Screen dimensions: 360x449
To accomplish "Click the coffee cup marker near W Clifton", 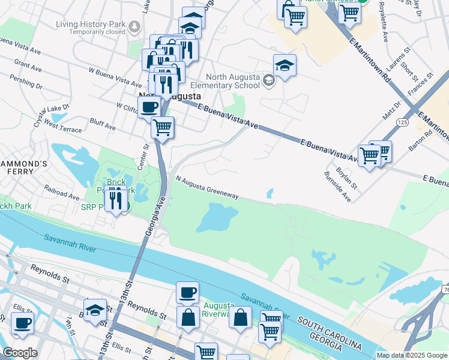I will pyautogui.click(x=149, y=108).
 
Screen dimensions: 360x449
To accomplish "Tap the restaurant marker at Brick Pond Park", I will pyautogui.click(x=114, y=199).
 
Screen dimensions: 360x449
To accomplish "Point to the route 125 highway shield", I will pyautogui.click(x=401, y=122).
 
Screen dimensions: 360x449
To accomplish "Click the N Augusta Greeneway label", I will pyautogui.click(x=208, y=187).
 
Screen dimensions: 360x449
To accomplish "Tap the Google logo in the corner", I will pyautogui.click(x=20, y=353).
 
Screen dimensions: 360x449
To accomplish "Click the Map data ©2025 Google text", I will pyautogui.click(x=412, y=355).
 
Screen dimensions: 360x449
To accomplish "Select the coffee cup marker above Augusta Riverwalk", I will pyautogui.click(x=187, y=293).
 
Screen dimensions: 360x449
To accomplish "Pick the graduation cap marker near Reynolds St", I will pyautogui.click(x=95, y=311).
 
